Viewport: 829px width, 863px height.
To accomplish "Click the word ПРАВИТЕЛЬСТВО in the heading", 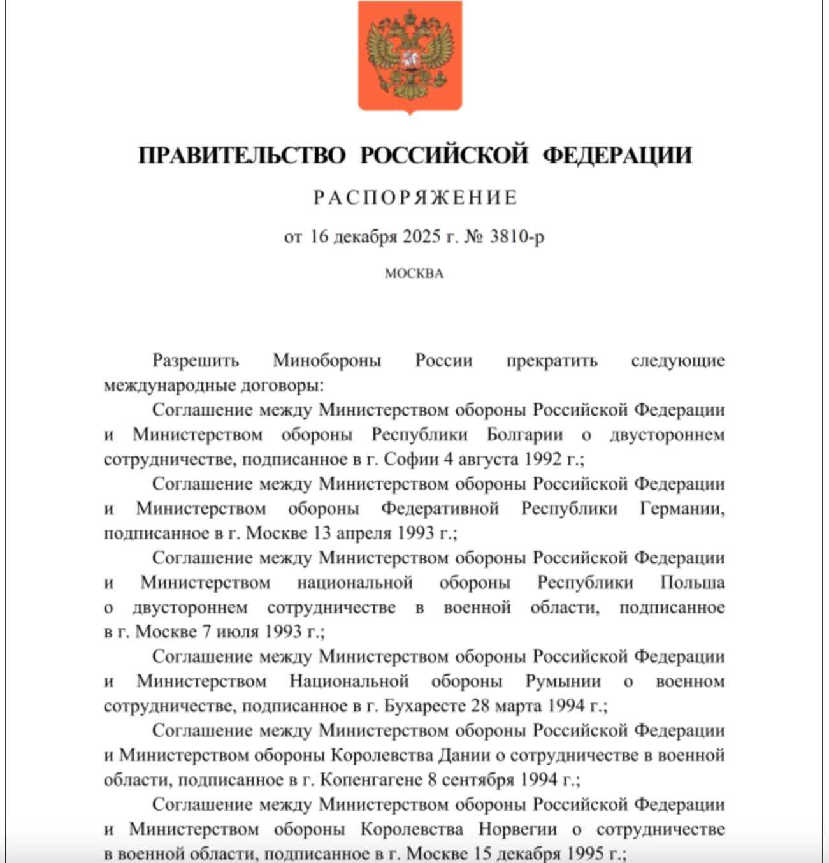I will tap(241, 156).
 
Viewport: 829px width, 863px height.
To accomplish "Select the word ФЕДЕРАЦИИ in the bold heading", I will tap(617, 156).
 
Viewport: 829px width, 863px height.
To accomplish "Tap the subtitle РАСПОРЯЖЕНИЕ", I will tap(415, 198).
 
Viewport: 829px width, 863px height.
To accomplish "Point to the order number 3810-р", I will tap(517, 237).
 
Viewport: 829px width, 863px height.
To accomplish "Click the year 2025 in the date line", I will tap(421, 237).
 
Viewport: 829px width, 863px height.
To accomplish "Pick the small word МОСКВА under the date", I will tap(414, 273).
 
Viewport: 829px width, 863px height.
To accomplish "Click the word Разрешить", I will tap(196, 361).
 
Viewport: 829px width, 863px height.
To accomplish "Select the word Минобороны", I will tap(327, 361).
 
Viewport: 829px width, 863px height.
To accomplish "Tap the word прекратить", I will tap(552, 361).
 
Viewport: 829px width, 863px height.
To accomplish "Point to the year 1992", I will tap(544, 460).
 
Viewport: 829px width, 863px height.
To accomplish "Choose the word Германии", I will tap(682, 509).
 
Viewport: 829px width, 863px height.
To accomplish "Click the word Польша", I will tap(692, 583).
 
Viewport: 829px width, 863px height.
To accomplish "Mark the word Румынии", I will tap(563, 681).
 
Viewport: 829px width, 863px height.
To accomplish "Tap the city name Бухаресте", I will tap(424, 706).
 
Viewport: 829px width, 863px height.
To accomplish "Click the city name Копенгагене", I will tap(371, 780).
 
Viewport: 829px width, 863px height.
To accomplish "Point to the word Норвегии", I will tap(517, 829).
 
